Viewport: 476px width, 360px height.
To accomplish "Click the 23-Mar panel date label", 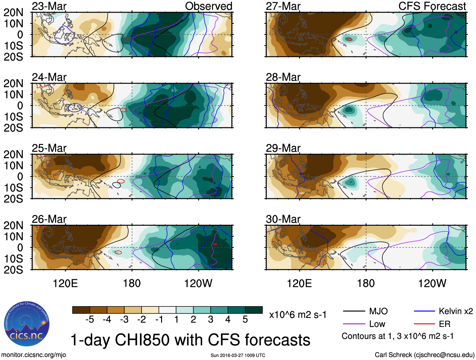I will [49, 6].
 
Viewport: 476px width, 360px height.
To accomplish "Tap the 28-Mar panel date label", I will [283, 77].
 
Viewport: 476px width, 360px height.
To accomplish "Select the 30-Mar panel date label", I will [283, 219].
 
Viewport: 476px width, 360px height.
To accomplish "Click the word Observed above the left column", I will [208, 6].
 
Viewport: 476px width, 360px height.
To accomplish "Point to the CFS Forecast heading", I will [432, 6].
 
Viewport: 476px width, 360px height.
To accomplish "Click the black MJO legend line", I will [354, 311].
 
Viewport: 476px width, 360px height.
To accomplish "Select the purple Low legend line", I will [354, 324].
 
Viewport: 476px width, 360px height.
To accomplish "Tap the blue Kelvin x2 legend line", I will [424, 311].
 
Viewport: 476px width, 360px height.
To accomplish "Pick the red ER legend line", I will [424, 324].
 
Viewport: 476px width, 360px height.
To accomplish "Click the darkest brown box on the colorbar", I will [81, 310].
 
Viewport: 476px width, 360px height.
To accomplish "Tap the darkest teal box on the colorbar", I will [254, 310].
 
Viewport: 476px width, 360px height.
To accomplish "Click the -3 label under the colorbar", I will [124, 320].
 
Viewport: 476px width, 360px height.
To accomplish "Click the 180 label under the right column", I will [366, 283].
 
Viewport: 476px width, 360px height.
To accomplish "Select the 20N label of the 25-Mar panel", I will [13, 154].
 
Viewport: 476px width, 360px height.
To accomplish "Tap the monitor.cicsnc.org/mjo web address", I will [34, 355].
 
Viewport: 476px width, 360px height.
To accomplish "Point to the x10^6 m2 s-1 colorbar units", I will [298, 315].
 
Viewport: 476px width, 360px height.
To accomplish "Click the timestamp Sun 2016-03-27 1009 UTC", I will [238, 356].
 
